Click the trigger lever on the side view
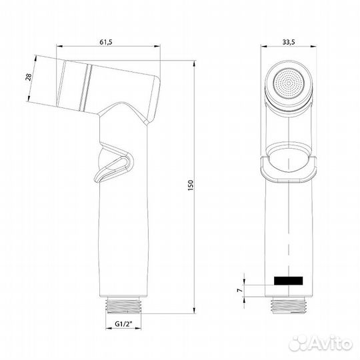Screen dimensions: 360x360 click(x=113, y=163)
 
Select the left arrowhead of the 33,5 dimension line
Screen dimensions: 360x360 click(x=263, y=48)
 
